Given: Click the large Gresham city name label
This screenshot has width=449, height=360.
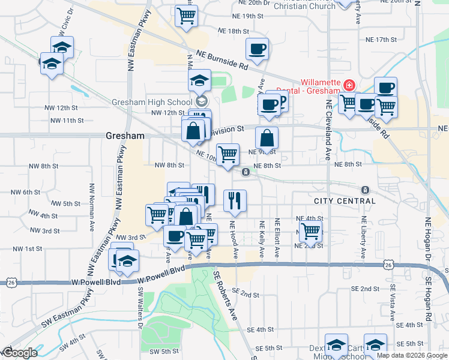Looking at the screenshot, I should point(125,136).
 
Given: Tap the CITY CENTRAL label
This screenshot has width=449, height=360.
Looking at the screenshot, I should point(337,200).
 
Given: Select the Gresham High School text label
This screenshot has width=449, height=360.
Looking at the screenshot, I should point(152,102).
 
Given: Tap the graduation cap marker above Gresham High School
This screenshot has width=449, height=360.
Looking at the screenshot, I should point(199,81).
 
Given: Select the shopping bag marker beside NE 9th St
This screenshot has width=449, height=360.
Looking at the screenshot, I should point(267,139).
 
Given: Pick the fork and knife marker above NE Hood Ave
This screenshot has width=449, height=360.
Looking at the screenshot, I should point(235,200).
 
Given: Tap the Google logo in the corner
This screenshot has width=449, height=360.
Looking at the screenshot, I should point(19,353).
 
